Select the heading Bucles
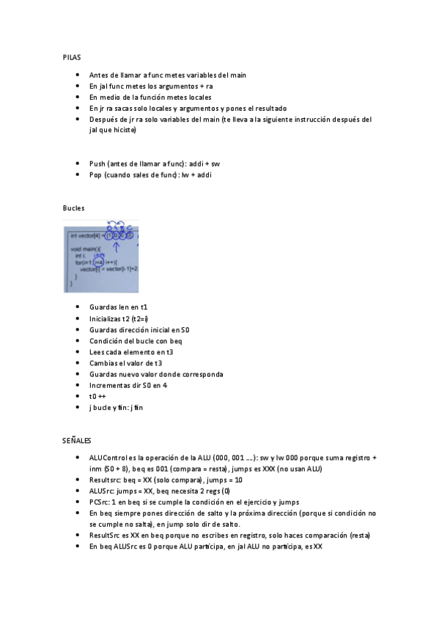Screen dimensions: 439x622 (74, 208)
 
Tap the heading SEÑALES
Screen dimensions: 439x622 (77, 440)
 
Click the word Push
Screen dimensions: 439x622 (97, 164)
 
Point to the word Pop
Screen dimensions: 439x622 (96, 175)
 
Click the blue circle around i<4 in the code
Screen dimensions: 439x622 (97, 263)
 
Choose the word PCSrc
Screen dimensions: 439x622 (99, 502)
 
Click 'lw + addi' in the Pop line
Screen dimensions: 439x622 (196, 175)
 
